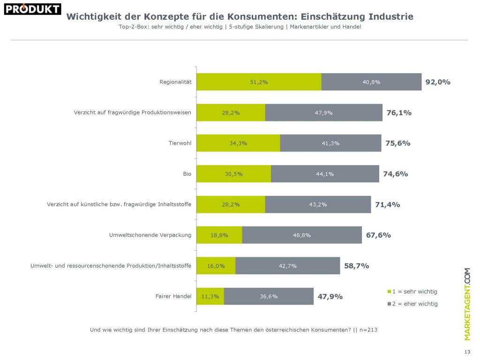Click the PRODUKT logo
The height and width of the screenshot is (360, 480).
[32, 9]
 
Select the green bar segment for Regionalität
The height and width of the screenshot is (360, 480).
[259, 82]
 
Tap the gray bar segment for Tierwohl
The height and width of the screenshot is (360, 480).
[330, 143]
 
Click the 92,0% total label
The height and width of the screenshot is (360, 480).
[437, 82]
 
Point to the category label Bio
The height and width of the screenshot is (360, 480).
[187, 174]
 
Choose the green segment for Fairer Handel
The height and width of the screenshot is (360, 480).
[210, 296]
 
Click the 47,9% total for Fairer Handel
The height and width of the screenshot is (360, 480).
[330, 296]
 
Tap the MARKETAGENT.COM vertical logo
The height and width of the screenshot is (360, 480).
[467, 304]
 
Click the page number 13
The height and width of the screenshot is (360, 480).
[466, 352]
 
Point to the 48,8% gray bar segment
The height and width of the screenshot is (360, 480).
[302, 235]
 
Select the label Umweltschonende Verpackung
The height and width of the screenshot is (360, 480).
[147, 235]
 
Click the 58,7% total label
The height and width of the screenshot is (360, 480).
[356, 266]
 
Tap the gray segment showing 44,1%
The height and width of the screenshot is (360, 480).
[325, 174]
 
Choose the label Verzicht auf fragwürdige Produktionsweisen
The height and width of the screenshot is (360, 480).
[133, 112]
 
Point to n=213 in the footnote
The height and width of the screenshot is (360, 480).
[368, 330]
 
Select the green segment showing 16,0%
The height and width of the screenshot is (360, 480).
[216, 266]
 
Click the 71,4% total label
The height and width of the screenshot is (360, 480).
[387, 204]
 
